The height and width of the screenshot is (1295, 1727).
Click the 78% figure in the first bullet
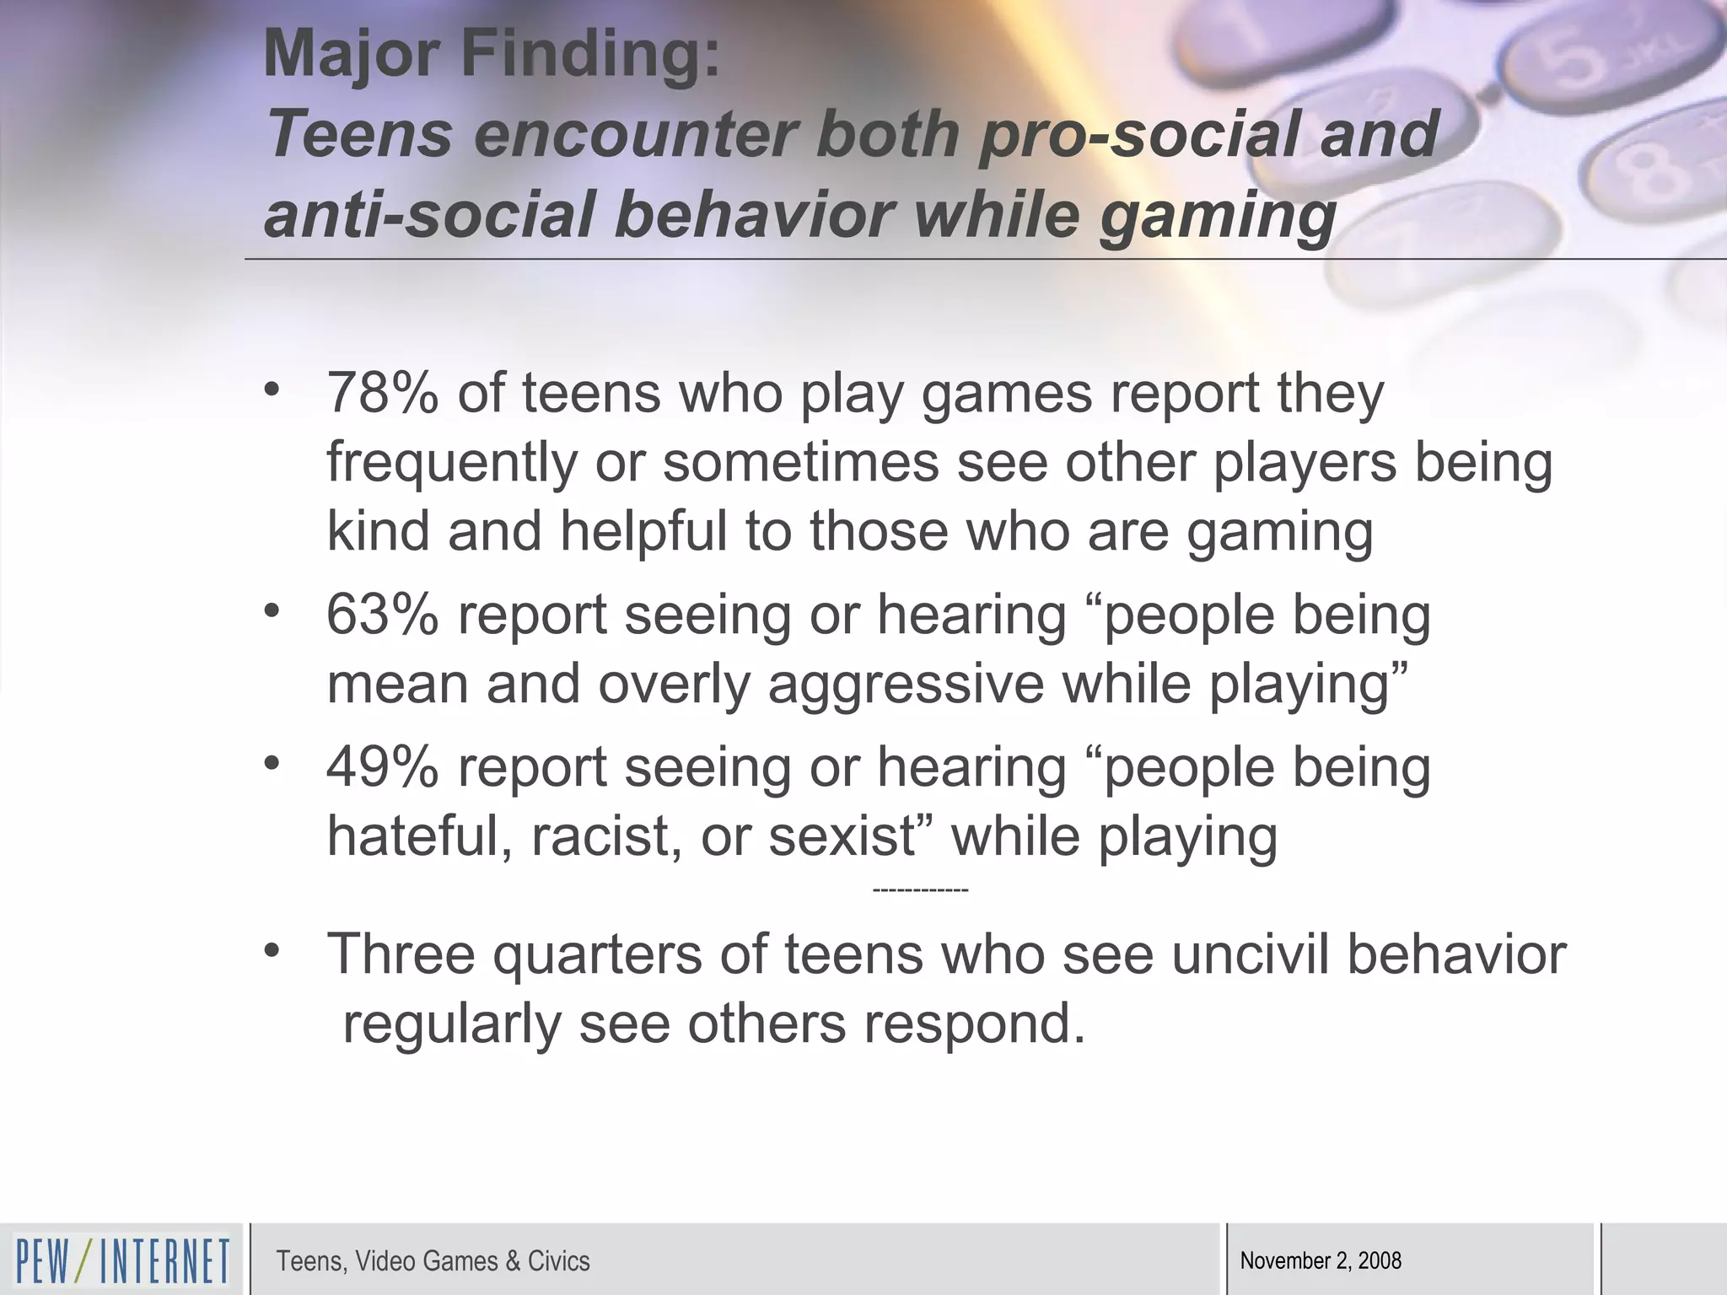[382, 394]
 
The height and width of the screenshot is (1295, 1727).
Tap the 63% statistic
[382, 615]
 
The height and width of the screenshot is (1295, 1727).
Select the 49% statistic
[382, 768]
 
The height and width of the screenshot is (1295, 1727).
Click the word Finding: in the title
[590, 54]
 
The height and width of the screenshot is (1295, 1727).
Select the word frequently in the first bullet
[452, 463]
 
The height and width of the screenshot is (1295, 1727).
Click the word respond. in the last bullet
[974, 1024]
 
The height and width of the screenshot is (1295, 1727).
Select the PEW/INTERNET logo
[122, 1260]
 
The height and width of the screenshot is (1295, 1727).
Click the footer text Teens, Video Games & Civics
[433, 1261]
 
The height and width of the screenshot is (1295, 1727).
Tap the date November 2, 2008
[1321, 1261]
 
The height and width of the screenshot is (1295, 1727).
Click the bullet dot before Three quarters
[271, 950]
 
